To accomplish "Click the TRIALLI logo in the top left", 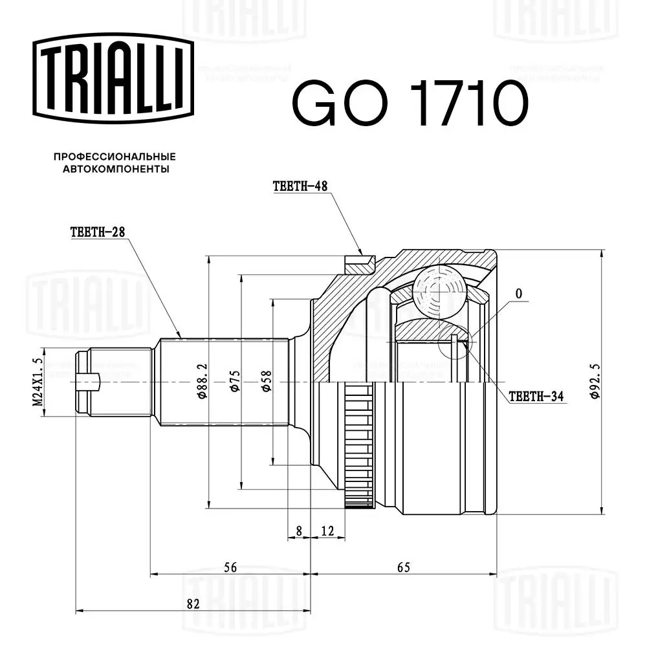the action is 113,79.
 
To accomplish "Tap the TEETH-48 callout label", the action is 300,186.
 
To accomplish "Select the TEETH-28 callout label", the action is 98,232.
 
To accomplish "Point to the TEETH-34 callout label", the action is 536,397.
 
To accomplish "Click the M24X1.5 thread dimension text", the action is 38,382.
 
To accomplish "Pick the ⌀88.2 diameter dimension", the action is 202,381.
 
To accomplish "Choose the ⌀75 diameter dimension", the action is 235,381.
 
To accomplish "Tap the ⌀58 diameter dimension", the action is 267,381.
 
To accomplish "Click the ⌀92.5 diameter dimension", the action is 595,381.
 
